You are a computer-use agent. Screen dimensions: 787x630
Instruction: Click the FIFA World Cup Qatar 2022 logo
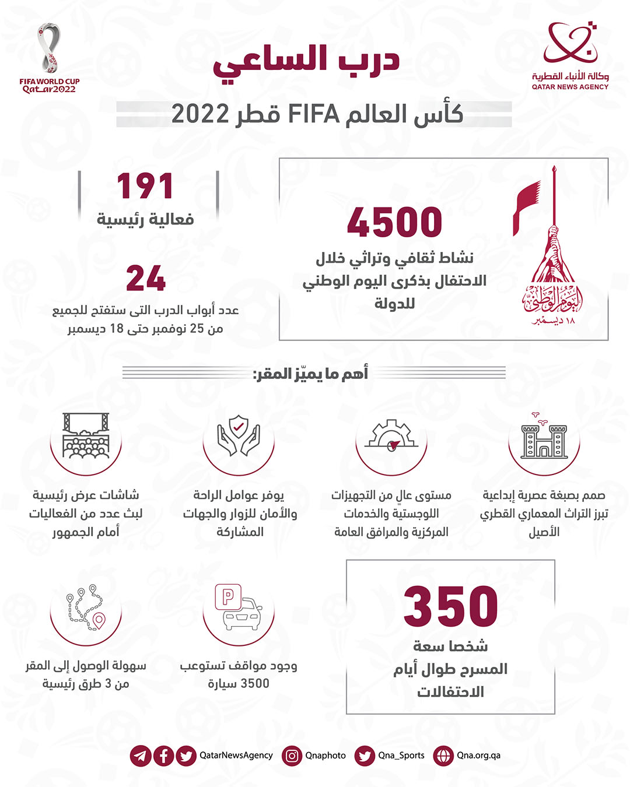50,57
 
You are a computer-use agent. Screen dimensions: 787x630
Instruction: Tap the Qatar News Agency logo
570,56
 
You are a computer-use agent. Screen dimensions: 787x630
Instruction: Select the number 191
145,187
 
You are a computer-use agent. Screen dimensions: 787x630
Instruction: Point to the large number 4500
394,223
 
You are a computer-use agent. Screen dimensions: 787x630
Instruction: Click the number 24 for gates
146,279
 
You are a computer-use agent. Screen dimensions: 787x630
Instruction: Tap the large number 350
450,607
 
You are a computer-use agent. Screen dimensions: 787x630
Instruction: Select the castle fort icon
544,438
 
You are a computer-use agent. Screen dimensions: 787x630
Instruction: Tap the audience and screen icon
86,436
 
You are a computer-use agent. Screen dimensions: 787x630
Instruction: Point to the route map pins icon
86,607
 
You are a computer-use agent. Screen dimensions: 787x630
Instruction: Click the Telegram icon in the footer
141,756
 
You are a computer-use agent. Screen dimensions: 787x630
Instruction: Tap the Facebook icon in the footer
163,756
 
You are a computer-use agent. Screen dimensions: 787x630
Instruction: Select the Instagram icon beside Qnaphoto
292,756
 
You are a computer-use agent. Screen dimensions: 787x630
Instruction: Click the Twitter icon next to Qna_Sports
365,756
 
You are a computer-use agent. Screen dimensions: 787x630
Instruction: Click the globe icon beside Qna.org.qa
443,756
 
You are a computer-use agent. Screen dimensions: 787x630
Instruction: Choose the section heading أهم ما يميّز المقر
310,374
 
